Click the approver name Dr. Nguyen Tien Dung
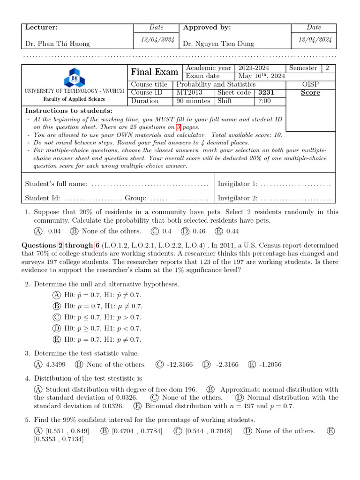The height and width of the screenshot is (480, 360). point(218,44)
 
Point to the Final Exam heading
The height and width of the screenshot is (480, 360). point(155,72)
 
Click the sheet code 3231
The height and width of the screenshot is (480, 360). point(267,92)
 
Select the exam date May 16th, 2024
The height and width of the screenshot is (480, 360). point(262,76)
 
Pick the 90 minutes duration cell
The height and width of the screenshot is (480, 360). point(193,101)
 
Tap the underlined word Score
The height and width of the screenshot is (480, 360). point(310,92)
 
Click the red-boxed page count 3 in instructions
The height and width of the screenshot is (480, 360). point(179,127)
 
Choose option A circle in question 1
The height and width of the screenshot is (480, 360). point(38,231)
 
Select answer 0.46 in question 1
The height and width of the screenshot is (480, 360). point(199,231)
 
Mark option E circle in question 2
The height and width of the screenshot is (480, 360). point(57,340)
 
